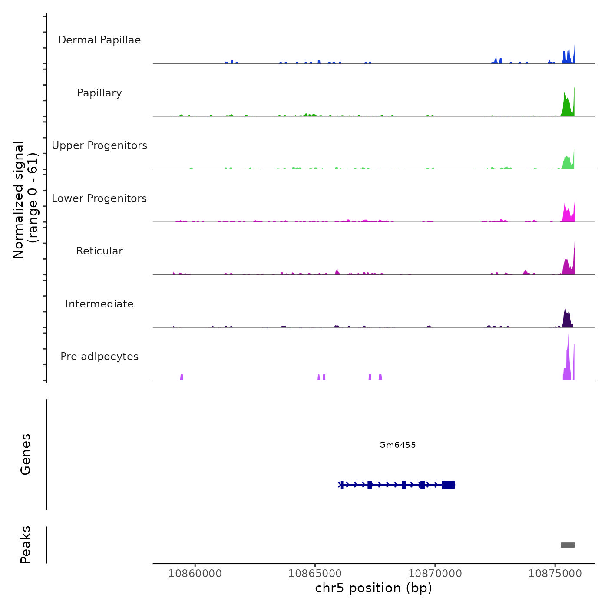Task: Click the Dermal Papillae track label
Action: [99, 40]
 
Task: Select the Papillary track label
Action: [99, 93]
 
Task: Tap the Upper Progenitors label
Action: [99, 145]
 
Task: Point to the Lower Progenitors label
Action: [99, 198]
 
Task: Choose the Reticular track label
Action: [99, 251]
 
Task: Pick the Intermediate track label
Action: [99, 304]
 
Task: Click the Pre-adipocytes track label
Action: [99, 357]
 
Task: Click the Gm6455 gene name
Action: [397, 445]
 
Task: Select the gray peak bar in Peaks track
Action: [568, 545]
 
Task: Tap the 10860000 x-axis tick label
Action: [195, 574]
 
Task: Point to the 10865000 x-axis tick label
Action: [315, 574]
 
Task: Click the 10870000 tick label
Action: [435, 574]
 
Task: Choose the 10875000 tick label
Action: [555, 574]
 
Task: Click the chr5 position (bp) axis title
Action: [373, 588]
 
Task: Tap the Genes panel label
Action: [26, 454]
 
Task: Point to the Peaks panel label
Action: [26, 545]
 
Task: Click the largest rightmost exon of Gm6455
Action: [448, 485]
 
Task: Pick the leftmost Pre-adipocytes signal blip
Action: [182, 377]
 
